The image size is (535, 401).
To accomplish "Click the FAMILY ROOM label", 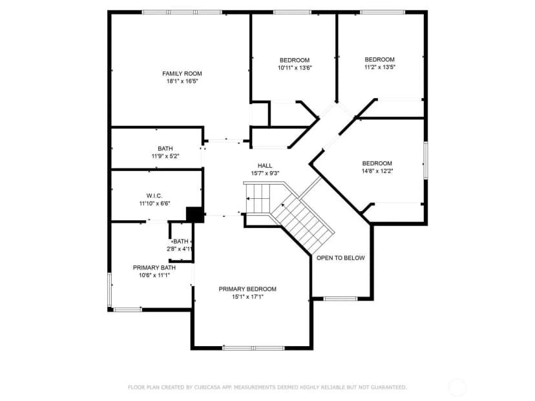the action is click(182, 74).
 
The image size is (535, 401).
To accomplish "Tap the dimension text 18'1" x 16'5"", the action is click(182, 81).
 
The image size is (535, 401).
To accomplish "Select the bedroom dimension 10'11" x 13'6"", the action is click(295, 68).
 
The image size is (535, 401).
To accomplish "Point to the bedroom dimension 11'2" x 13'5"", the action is click(379, 67).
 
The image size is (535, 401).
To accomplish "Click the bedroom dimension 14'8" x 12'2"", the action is click(377, 171).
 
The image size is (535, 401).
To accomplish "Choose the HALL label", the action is click(265, 166).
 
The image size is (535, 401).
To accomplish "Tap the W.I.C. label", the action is click(154, 196).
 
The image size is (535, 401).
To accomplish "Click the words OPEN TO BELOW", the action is click(341, 258).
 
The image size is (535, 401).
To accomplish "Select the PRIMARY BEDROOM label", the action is click(247, 289).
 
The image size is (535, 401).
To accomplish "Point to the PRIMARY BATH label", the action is click(154, 268).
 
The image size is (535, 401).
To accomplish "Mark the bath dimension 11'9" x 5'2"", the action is click(165, 156).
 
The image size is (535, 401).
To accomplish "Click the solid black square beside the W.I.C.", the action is click(195, 215).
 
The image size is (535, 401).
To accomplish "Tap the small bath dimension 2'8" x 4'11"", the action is click(180, 249).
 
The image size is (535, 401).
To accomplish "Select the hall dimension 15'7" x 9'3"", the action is click(265, 173).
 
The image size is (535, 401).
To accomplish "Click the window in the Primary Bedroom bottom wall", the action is click(253, 348).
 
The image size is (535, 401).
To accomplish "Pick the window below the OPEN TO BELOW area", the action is click(341, 299).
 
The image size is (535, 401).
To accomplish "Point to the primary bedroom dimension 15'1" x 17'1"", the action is click(247, 296).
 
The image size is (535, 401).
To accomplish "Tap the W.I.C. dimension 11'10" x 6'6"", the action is click(154, 203).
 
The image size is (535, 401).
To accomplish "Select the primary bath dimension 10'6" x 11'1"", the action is click(154, 275).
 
